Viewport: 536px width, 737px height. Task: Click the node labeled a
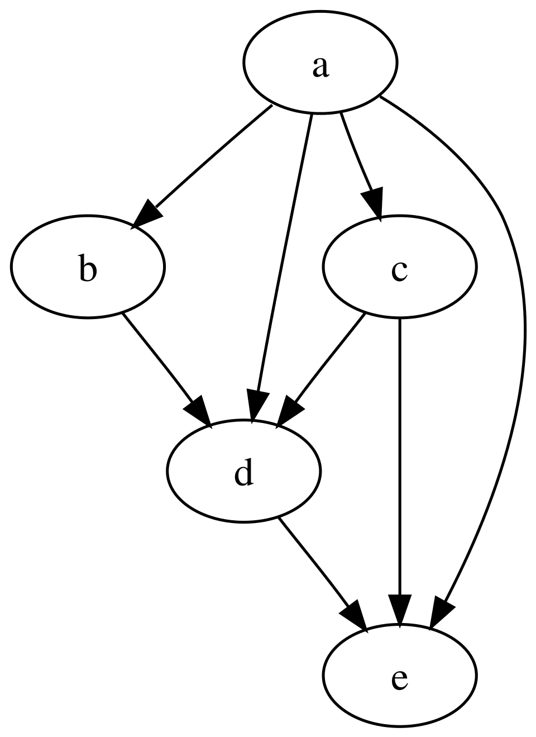[319, 62]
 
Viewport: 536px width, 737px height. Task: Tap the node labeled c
[399, 267]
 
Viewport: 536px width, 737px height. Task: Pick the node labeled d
[243, 471]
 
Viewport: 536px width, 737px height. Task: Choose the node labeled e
[399, 676]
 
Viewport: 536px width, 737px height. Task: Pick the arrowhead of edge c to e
[399, 609]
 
